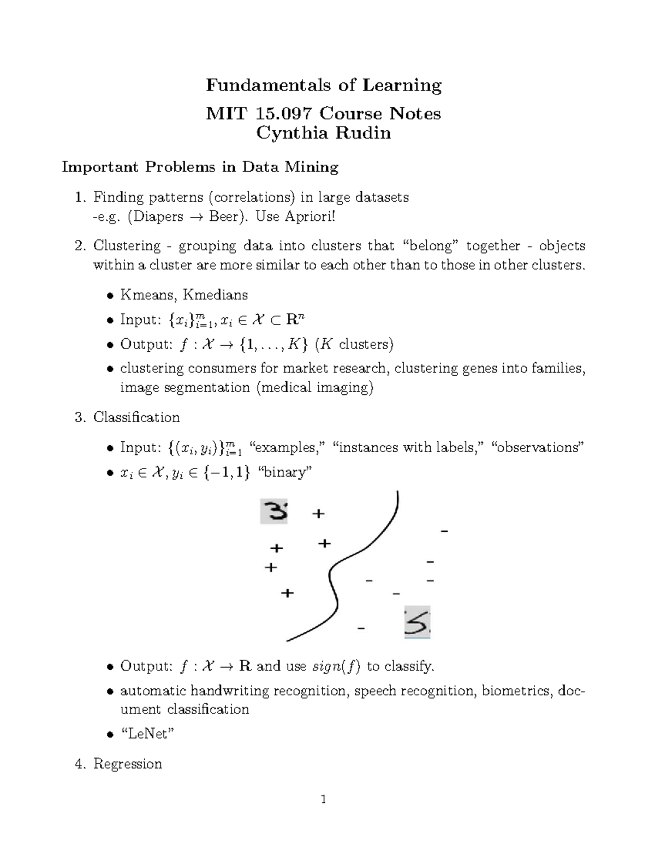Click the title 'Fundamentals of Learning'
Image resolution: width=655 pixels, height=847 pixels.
pos(323,85)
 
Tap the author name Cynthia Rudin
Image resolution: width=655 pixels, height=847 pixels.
pos(323,133)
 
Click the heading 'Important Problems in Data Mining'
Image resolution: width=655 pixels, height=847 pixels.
pos(200,167)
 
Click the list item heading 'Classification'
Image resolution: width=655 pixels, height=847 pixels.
pos(136,417)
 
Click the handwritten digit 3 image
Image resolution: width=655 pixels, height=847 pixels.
pos(274,512)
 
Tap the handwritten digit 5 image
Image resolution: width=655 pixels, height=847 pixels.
pos(417,622)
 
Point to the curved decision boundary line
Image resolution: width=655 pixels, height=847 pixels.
pos(334,586)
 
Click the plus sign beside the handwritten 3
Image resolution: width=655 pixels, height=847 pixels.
pos(318,513)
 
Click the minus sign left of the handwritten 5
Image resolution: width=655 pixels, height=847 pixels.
pos(361,629)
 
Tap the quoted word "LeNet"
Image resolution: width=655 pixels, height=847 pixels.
pos(147,734)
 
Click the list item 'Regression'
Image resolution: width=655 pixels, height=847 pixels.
pos(127,764)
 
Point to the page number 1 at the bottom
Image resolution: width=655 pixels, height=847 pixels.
pos(323,800)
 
